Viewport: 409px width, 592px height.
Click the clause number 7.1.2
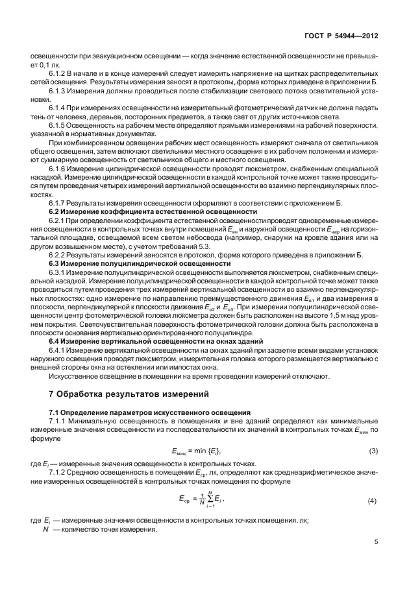[58, 472]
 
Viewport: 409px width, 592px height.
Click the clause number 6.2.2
[58, 254]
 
